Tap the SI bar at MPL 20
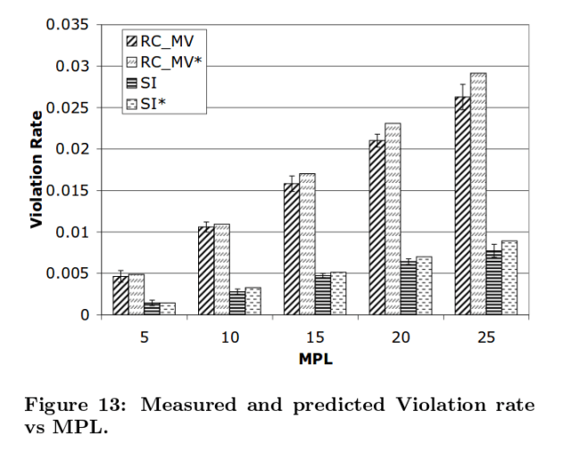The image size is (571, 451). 408,288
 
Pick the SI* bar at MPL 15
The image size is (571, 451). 338,293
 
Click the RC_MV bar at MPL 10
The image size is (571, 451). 205,271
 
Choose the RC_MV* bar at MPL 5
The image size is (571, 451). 137,294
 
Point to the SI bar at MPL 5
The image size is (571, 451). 153,308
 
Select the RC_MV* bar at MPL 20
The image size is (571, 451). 392,219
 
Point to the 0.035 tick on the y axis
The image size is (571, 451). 68,24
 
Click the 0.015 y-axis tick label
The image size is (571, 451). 68,190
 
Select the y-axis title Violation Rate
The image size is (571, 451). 37,170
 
